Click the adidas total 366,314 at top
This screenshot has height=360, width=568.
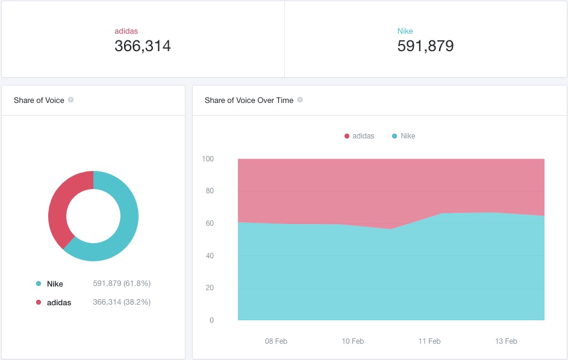tap(142, 46)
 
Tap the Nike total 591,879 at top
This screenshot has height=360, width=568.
tap(425, 46)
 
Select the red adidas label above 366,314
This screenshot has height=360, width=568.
tap(126, 31)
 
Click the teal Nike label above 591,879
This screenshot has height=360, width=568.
tap(405, 31)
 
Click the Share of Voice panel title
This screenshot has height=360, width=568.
tap(39, 101)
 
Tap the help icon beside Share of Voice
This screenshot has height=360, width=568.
tap(71, 99)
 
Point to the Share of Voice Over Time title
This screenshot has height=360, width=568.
tap(249, 101)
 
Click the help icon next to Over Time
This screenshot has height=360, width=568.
tap(300, 99)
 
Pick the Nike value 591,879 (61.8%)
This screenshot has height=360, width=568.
tap(122, 283)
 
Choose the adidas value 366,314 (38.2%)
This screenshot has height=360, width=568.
tap(122, 302)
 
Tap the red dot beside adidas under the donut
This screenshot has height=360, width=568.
tap(39, 302)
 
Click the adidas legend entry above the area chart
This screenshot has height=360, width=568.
tap(359, 136)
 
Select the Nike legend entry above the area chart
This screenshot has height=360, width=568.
tap(404, 136)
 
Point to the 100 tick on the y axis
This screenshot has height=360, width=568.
tap(208, 159)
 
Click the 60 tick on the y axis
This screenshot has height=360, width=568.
tap(210, 223)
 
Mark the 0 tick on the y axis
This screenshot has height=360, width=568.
tap(211, 320)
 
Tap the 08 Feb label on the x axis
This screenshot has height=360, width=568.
tap(276, 341)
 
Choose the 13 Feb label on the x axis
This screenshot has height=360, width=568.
tap(506, 341)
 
